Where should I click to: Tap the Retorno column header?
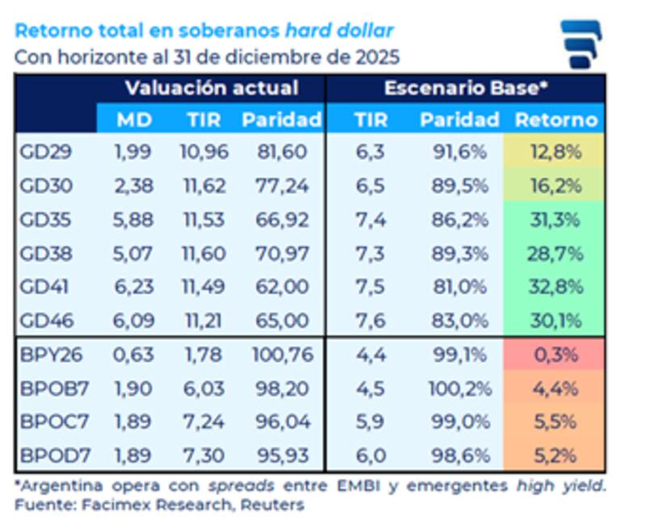[x=556, y=120]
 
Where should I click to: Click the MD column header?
[x=134, y=120]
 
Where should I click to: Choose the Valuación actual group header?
[x=212, y=88]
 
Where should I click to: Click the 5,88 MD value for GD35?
[x=134, y=220]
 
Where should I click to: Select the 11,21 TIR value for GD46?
[x=208, y=321]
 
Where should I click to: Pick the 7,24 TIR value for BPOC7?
[x=208, y=422]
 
